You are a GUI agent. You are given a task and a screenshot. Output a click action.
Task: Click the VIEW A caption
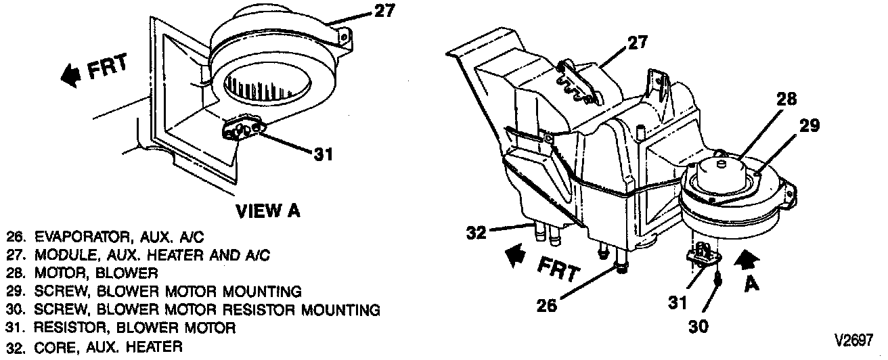point(267,211)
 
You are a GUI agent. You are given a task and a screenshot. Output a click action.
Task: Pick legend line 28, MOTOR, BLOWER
point(82,273)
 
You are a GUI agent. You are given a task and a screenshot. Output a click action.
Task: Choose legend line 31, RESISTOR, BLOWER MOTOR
point(121,328)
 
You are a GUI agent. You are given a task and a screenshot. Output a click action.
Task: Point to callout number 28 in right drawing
point(786,99)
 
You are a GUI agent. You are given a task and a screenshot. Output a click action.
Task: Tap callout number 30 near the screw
point(698,326)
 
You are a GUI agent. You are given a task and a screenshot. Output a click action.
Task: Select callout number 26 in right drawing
point(547,306)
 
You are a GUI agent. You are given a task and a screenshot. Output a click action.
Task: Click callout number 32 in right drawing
point(477,233)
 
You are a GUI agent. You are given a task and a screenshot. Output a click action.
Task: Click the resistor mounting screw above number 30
point(719,277)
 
